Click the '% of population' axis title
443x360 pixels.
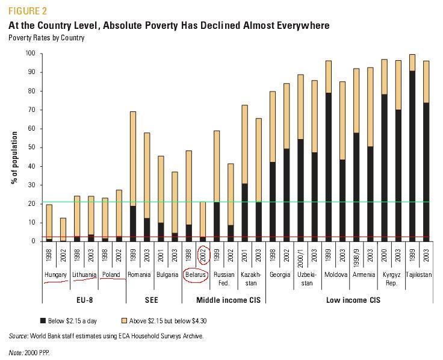point(14,147)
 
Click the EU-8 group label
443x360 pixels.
point(84,299)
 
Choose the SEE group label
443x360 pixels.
point(153,299)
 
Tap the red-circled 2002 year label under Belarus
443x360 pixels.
point(203,255)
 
